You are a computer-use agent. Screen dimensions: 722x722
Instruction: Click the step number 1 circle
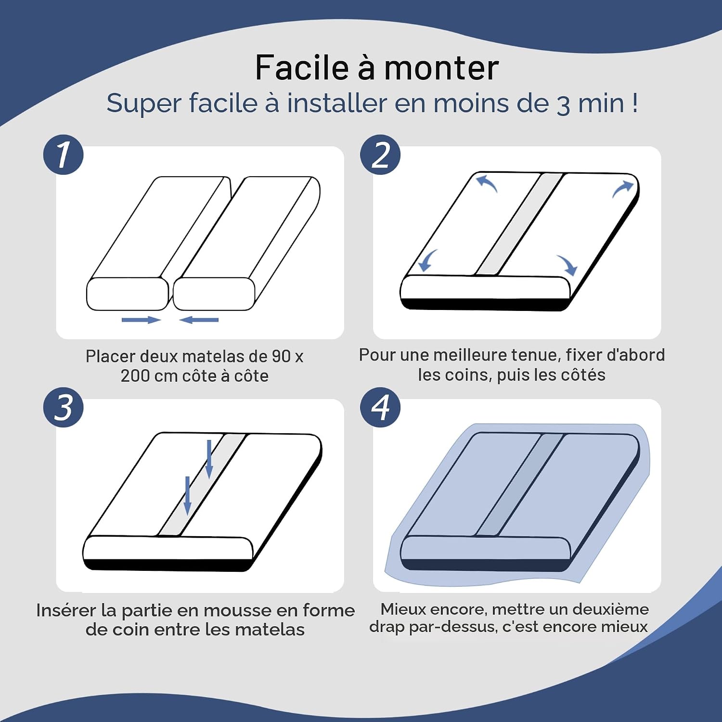[x=63, y=155]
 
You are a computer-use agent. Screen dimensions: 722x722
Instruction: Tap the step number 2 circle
[x=380, y=155]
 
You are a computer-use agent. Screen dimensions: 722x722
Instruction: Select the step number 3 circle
[x=63, y=407]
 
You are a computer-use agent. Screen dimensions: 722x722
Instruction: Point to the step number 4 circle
[x=380, y=407]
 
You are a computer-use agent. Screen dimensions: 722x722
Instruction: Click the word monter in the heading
[x=441, y=68]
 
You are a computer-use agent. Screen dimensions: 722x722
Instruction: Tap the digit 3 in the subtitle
[x=563, y=105]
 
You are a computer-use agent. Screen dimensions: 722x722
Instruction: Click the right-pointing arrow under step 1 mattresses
[x=141, y=320]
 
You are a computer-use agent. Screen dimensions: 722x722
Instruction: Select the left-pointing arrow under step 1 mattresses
[x=199, y=320]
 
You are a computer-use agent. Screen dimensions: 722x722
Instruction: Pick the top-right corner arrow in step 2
[x=622, y=188]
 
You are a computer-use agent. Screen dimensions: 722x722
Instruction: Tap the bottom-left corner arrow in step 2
[x=427, y=260]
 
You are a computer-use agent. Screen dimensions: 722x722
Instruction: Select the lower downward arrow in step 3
[x=188, y=495]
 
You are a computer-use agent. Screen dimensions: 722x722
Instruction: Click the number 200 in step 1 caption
[x=135, y=376]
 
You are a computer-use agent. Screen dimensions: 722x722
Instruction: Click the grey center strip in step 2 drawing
[x=519, y=224]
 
